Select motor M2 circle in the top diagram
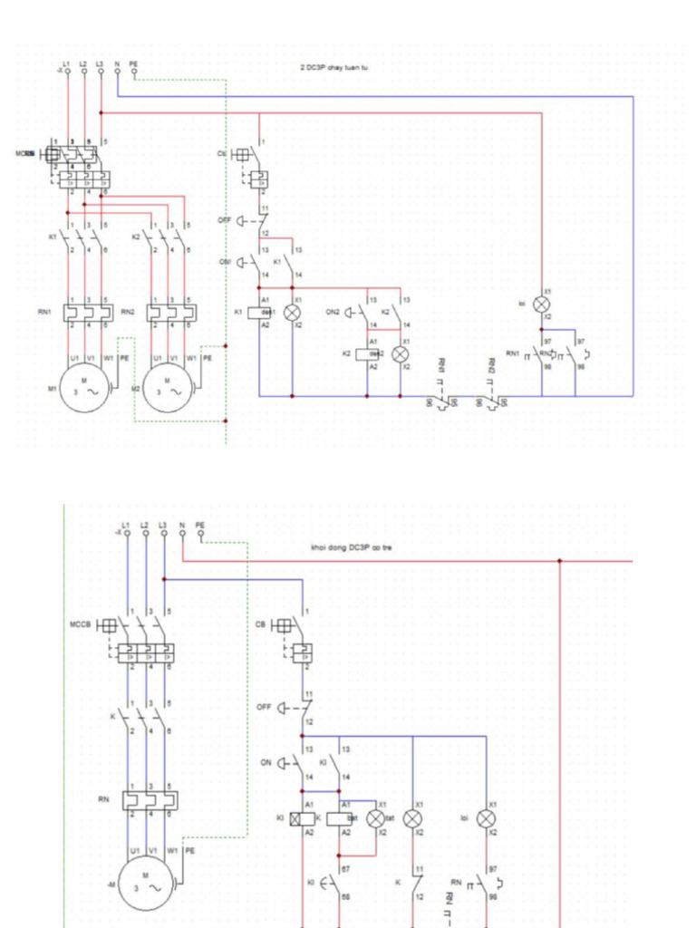169,388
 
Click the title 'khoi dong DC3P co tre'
351,547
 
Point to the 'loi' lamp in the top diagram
542,304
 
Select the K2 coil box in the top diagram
367,353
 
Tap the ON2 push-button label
333,312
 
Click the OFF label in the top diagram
225,220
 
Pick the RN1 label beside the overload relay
44,311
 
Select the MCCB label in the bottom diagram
81,624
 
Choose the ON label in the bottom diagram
266,762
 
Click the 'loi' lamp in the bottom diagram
487,817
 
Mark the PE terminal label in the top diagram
134,63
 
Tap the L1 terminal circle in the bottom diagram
127,534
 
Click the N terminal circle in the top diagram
118,72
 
